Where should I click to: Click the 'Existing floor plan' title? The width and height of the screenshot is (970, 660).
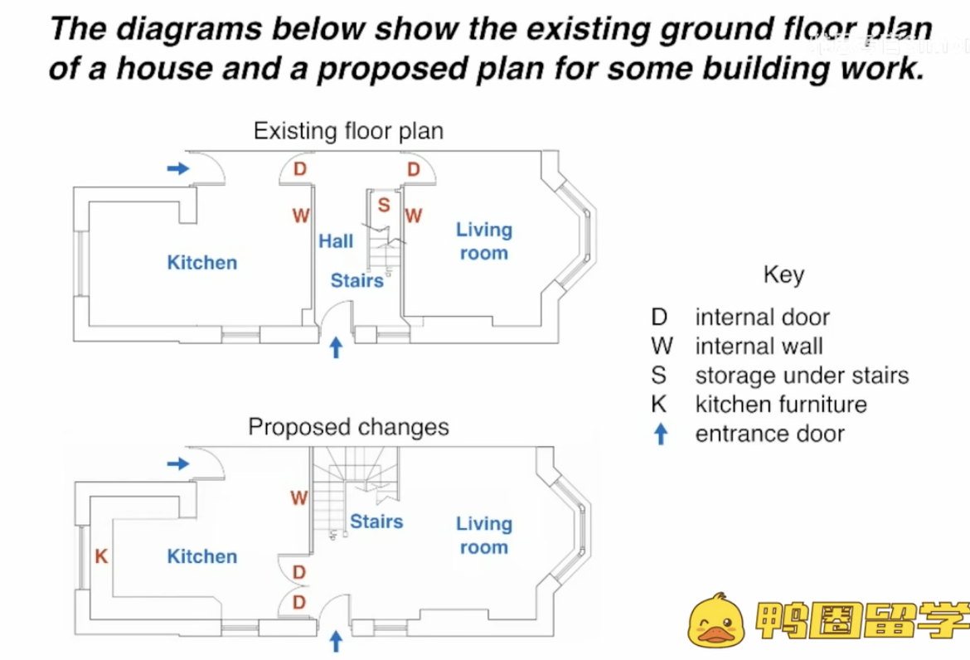[x=348, y=131]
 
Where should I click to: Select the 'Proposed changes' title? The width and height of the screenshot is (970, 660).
[x=348, y=427]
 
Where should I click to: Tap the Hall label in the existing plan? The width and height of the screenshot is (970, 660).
[x=336, y=241]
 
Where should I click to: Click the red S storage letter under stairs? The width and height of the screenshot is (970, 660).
[x=384, y=204]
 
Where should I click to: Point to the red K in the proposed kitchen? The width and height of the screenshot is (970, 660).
[x=101, y=556]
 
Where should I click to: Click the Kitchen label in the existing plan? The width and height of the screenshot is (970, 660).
[x=202, y=263]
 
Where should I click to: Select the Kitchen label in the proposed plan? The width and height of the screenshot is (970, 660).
[x=202, y=556]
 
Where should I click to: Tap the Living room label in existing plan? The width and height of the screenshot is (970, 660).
[x=484, y=241]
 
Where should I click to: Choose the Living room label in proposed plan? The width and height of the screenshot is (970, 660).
[x=484, y=535]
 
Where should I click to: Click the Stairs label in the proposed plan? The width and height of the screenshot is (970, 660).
[x=376, y=522]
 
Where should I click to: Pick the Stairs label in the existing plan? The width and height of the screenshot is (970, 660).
[x=357, y=280]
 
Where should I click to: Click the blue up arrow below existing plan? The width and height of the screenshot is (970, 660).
[x=336, y=347]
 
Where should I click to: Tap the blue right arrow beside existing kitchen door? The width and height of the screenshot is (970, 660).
[x=178, y=168]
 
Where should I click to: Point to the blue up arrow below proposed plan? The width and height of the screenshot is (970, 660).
[x=336, y=641]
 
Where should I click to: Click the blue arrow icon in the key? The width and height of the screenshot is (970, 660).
[x=661, y=434]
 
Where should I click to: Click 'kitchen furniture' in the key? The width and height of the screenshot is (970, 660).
[x=781, y=405]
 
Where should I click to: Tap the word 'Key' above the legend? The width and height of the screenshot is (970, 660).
[x=783, y=274]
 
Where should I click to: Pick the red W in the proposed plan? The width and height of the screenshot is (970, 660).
[x=299, y=497]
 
